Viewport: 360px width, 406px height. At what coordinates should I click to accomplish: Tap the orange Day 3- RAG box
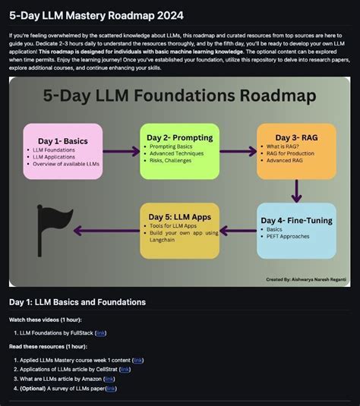click(295, 151)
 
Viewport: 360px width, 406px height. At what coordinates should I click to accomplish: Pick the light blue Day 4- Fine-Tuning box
click(295, 230)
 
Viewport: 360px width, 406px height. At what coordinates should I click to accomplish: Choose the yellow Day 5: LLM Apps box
click(179, 230)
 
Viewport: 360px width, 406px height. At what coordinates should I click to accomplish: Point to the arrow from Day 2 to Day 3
click(237, 151)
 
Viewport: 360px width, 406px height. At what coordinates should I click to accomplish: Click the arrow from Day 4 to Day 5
click(237, 231)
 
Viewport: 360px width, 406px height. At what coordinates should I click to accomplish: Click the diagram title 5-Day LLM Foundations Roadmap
click(179, 96)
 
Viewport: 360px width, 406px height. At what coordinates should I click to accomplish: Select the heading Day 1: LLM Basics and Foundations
click(77, 302)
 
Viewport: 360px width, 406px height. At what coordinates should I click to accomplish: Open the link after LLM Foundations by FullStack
click(100, 332)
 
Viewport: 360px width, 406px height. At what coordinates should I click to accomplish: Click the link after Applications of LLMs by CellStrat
click(125, 370)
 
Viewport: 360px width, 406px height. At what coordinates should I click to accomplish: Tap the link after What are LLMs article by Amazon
click(109, 379)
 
